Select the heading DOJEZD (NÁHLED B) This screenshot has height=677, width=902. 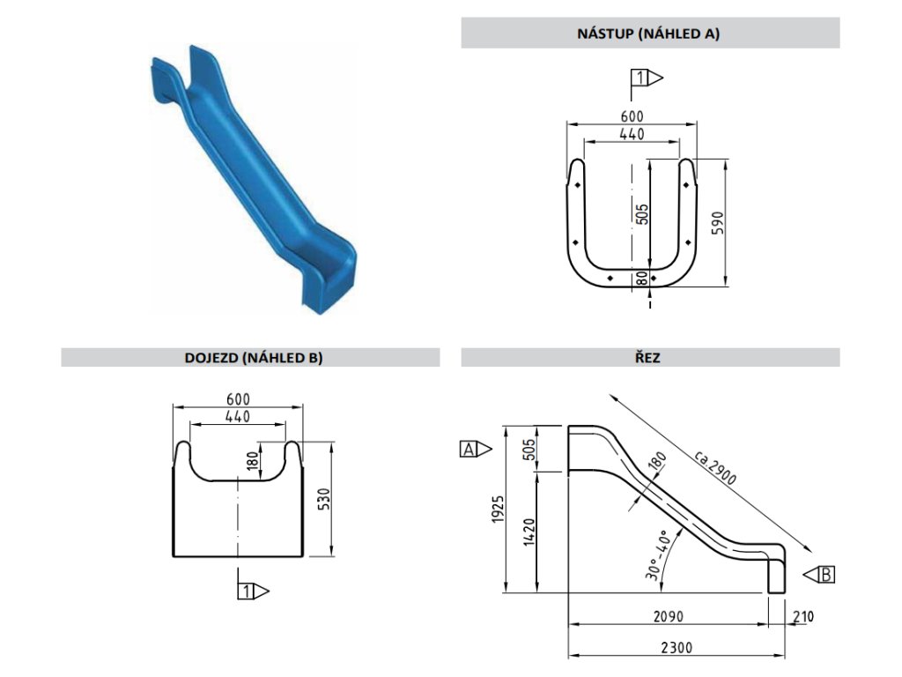pos(250,357)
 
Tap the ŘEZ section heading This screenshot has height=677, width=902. pos(650,357)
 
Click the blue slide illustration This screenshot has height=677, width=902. pos(252,176)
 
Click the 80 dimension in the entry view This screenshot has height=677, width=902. pos(642,278)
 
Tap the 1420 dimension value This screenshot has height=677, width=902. pos(528,532)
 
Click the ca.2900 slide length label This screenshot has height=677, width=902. pos(714,466)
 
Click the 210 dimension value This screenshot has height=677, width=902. pos(802,615)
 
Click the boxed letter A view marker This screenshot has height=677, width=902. pos(469,450)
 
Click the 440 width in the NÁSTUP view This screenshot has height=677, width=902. pos(632,133)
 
